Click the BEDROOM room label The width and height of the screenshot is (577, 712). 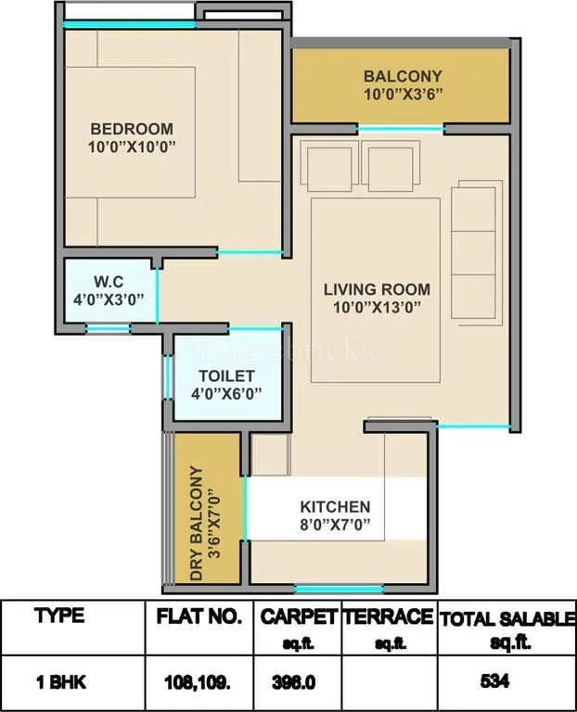pos(131,129)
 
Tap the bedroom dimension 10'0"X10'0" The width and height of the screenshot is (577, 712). pos(131,146)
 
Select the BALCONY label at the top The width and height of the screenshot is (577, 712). pos(402,76)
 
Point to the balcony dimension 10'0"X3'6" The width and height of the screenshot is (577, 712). pos(402,94)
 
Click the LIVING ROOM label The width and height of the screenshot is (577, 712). pos(377,289)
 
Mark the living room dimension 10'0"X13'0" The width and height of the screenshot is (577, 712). pos(377,307)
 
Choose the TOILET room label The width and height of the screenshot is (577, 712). pos(226,375)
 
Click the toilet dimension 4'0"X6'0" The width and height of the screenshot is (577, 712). pos(226,393)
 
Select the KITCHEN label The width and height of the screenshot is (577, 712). pos(334,507)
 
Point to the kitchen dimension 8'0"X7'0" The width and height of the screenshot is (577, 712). pos(334,525)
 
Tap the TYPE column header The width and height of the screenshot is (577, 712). pos(58,616)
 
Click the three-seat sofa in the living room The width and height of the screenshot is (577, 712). pos(473,250)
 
